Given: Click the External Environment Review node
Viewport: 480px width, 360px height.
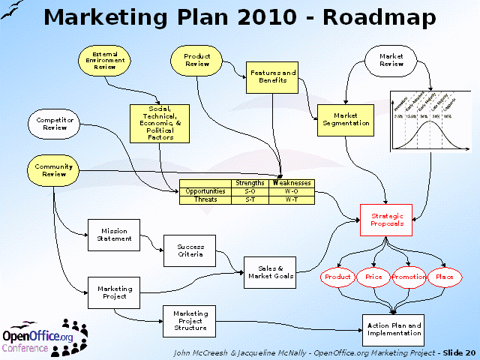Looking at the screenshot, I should [104, 60].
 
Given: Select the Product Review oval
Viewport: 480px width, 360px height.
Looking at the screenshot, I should [197, 60].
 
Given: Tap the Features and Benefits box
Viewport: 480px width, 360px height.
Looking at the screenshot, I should [272, 77].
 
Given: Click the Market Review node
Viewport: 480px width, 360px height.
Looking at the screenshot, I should [391, 60].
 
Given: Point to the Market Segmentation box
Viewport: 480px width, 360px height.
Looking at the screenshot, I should [346, 120].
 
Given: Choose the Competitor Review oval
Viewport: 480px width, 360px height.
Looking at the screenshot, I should [55, 123].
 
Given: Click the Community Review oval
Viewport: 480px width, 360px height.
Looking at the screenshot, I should [55, 170].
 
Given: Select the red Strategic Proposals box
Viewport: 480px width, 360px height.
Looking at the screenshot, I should [387, 220].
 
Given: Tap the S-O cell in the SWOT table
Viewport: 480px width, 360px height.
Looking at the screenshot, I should [250, 191].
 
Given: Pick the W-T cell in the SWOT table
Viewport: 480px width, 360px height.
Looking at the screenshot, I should [292, 199].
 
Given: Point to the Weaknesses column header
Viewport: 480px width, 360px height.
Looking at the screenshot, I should [292, 183].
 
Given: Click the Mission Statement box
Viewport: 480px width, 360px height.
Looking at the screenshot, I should [114, 235].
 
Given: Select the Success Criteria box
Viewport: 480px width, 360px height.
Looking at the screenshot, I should [190, 250].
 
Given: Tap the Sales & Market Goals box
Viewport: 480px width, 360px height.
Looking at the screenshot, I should [270, 273].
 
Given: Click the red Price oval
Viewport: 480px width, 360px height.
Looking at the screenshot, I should [373, 277].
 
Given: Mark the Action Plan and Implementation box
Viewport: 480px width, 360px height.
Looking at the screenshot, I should [394, 330].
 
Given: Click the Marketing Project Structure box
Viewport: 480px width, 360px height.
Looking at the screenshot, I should [190, 320].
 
